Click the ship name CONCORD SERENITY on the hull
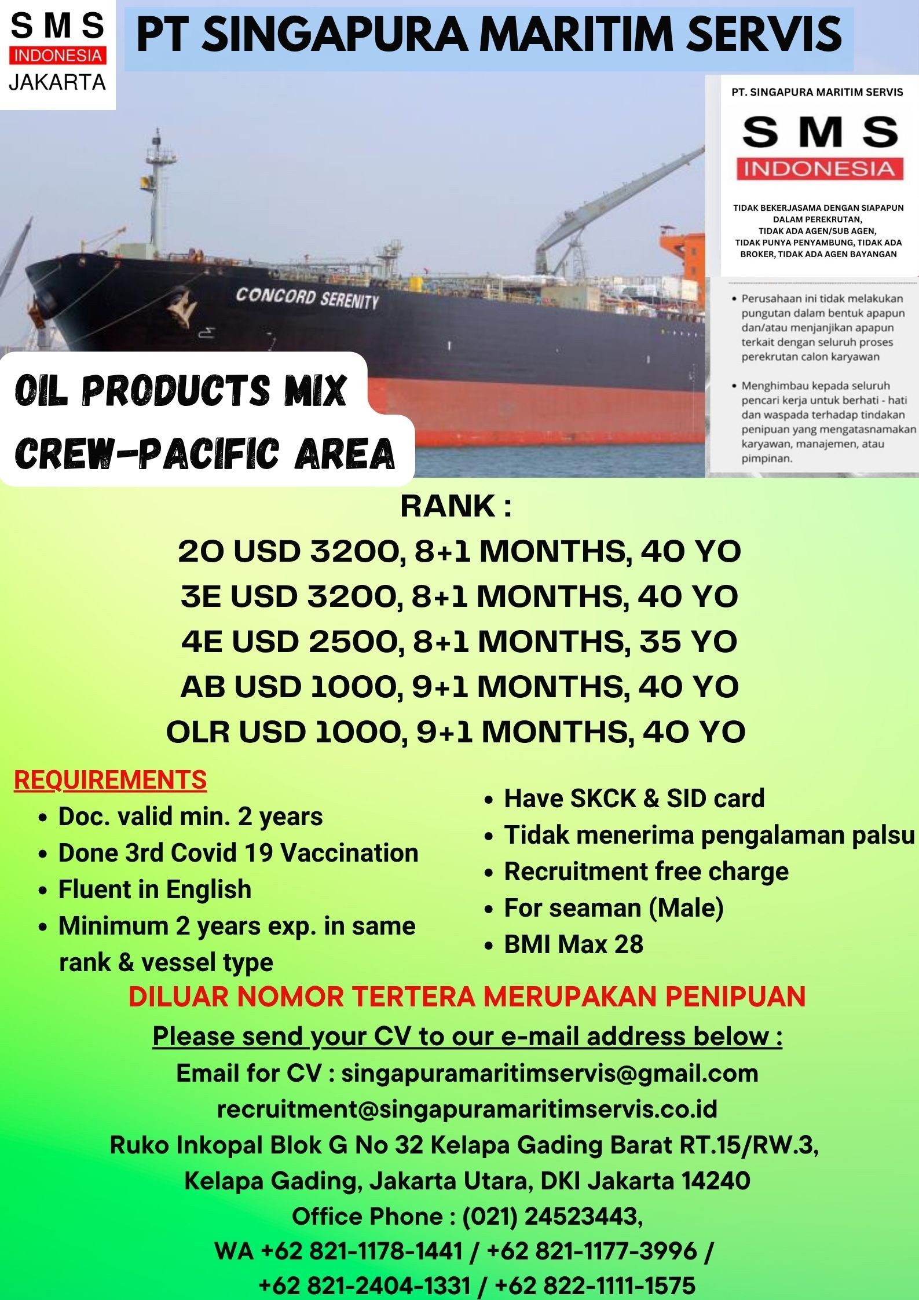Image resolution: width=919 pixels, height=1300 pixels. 307,299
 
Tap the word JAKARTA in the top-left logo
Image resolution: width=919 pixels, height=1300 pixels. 57,82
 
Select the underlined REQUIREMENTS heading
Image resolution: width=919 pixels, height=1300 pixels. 110,780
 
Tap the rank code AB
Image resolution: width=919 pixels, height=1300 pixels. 205,687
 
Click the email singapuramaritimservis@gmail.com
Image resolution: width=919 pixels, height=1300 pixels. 550,1073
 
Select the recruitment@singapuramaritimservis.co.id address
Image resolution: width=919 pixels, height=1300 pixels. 467,1109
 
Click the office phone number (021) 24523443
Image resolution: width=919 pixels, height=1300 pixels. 552,1217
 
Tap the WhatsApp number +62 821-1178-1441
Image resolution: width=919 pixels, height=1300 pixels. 362,1251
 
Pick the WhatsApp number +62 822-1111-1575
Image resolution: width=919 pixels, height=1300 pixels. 595,1286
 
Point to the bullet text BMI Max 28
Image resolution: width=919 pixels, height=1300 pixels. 573,944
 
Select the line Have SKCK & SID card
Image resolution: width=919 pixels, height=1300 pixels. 634,799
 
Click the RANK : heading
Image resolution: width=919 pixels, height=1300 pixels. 456,506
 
